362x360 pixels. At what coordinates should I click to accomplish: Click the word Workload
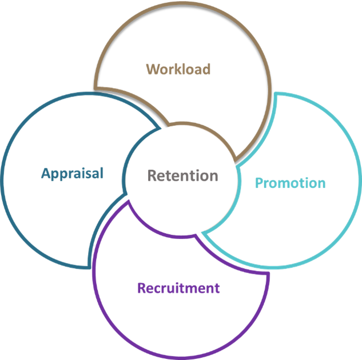coord(178,69)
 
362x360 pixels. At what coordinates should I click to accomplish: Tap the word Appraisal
coord(73,173)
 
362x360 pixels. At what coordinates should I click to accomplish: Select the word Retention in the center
coord(182,175)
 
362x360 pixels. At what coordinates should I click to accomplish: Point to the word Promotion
coord(290,183)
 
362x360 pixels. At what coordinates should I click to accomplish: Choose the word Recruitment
coord(178,287)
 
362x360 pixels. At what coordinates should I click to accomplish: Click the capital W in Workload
coord(153,69)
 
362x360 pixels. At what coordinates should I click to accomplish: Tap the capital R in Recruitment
coord(142,287)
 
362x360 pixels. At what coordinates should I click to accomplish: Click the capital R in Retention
coord(152,175)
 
